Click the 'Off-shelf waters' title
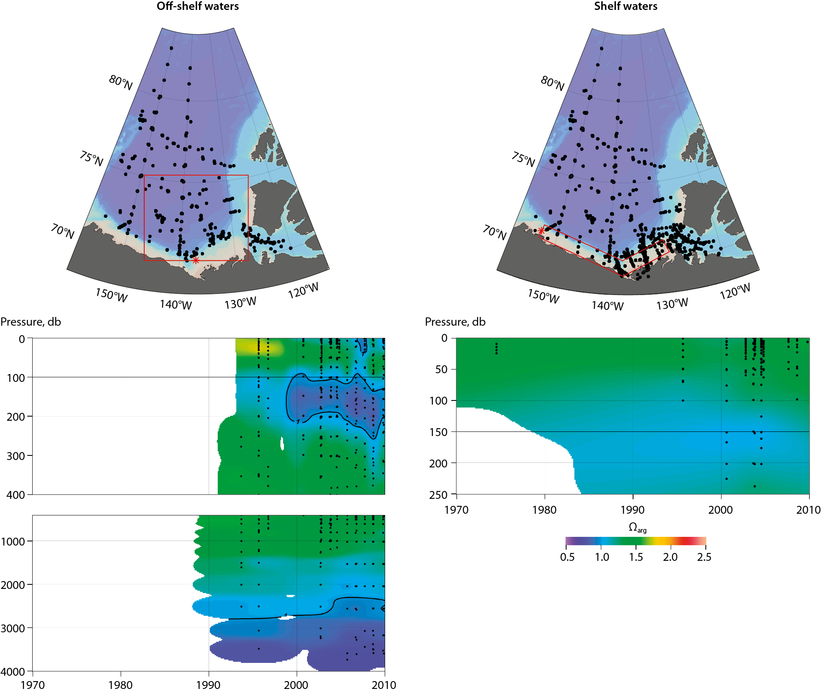[198, 6]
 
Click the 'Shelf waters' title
[625, 6]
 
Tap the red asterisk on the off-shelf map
[196, 260]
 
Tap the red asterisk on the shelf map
[541, 231]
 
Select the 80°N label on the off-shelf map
[121, 82]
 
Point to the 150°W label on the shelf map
[543, 296]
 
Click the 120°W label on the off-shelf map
[303, 291]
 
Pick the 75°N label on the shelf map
[523, 159]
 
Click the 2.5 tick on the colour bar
[704, 557]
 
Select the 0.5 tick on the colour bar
[567, 557]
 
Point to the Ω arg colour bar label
[637, 528]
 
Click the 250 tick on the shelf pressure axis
[438, 495]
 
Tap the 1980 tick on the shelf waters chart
[544, 510]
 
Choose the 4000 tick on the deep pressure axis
[13, 672]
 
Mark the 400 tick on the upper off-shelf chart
[16, 495]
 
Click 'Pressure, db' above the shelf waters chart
[455, 322]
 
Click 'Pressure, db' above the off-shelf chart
[31, 322]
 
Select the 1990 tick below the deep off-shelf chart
[208, 685]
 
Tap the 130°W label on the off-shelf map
[240, 303]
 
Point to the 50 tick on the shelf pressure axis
[441, 369]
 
